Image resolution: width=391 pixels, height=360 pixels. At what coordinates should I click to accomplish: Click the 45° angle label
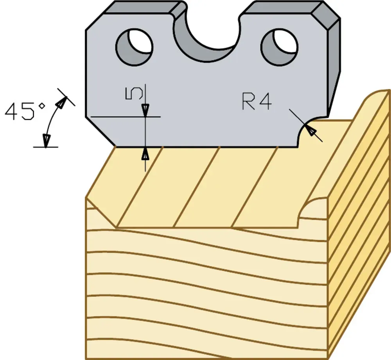click(25, 111)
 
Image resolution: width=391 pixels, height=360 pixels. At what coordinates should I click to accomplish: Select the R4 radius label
click(257, 101)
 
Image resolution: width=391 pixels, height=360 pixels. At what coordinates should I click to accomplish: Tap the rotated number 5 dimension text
click(134, 93)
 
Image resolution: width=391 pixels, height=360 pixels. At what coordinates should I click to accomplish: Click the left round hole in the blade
click(135, 47)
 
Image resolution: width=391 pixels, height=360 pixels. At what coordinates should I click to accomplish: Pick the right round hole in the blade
click(279, 47)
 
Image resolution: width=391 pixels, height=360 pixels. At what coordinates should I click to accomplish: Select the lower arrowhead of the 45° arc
click(46, 141)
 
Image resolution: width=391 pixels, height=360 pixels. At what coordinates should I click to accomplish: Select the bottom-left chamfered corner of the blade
click(100, 132)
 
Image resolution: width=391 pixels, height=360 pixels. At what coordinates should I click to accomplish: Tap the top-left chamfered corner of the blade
click(94, 22)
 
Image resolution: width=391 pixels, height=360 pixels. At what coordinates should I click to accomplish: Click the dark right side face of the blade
click(334, 67)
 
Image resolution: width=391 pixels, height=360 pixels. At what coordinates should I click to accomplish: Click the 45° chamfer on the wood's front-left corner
click(101, 212)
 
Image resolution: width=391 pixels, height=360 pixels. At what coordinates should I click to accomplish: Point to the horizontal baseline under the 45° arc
click(46, 147)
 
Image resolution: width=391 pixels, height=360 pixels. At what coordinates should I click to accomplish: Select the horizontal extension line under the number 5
click(126, 117)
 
